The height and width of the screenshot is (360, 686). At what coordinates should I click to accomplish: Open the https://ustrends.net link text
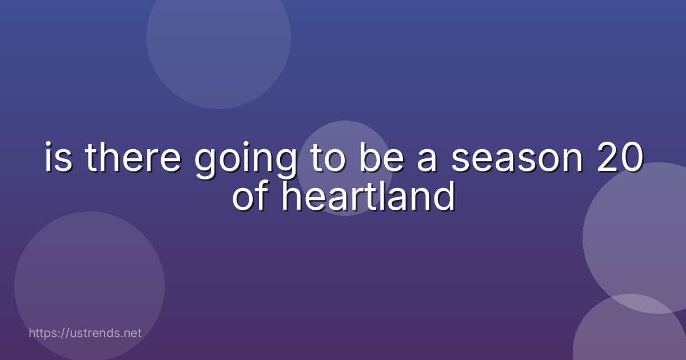click(85, 333)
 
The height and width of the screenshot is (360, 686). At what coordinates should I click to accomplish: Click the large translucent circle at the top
click(218, 37)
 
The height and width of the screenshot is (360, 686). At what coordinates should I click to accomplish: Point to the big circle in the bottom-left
click(89, 286)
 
